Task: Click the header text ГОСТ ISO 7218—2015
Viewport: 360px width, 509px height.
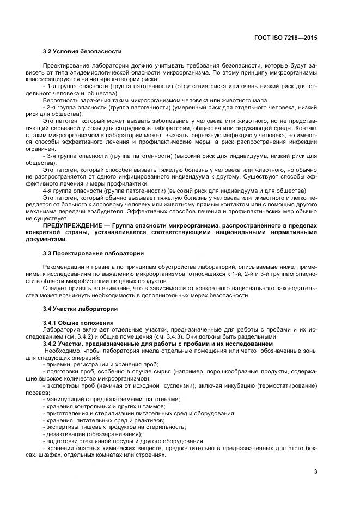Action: (x=285, y=38)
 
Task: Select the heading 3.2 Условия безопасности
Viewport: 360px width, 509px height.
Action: (x=82, y=52)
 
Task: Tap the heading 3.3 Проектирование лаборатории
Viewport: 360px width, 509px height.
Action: (x=93, y=253)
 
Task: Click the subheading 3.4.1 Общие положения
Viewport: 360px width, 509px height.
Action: (x=78, y=323)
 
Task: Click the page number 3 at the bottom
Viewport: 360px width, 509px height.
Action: (x=315, y=471)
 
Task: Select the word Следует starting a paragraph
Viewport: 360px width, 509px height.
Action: (x=54, y=288)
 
